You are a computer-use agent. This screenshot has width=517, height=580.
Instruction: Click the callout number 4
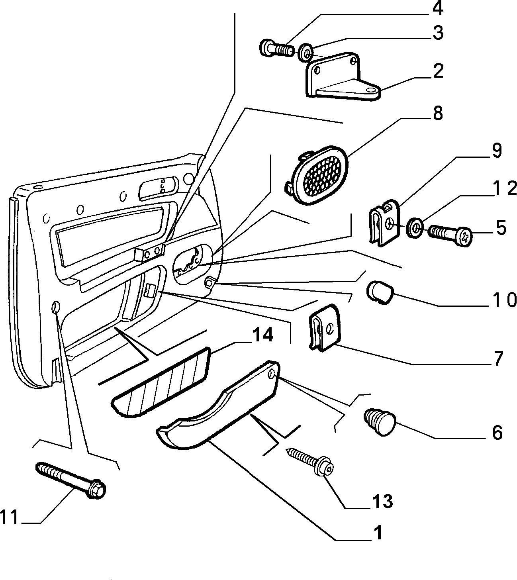tap(438, 9)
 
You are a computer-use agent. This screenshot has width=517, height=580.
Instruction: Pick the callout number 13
tap(382, 502)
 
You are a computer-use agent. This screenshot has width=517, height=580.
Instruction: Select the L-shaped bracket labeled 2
tap(342, 77)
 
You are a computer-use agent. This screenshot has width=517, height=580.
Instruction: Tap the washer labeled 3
tap(305, 53)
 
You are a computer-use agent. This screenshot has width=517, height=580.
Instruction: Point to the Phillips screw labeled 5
tap(450, 235)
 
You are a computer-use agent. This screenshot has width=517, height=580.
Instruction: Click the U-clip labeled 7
tap(325, 328)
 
